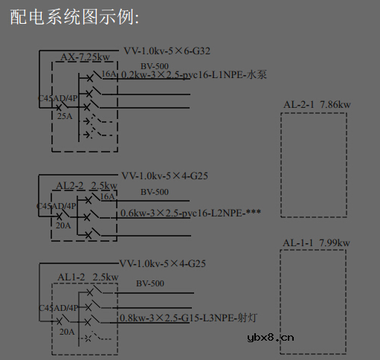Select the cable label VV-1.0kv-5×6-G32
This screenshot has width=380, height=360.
(x=167, y=51)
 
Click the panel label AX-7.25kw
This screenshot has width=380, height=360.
(x=86, y=57)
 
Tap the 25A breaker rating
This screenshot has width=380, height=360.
(x=65, y=116)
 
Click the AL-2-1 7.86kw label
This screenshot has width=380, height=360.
(x=317, y=104)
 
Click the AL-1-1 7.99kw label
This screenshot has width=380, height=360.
(x=317, y=243)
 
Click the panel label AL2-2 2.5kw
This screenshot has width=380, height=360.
(x=87, y=185)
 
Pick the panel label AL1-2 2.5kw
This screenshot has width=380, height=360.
(x=88, y=277)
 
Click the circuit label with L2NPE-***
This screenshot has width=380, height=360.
(x=190, y=213)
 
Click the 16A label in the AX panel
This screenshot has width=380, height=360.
(x=109, y=74)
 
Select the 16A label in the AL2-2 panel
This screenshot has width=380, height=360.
(x=108, y=196)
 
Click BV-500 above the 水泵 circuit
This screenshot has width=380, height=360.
(x=155, y=67)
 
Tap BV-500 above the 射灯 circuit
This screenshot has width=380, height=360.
(x=150, y=283)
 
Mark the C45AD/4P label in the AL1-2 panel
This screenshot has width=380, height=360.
(x=57, y=307)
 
